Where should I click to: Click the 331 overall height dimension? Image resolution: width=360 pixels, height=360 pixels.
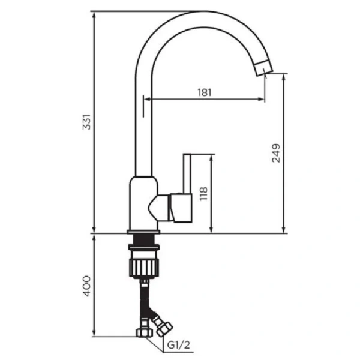pos(87,124)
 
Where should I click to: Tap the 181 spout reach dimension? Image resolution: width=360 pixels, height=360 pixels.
pos(204,92)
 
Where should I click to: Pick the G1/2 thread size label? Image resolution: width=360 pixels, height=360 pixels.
pos(179,345)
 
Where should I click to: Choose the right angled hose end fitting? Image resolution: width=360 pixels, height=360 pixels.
pos(162,327)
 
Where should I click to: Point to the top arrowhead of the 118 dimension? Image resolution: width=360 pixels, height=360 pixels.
pos(211,157)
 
